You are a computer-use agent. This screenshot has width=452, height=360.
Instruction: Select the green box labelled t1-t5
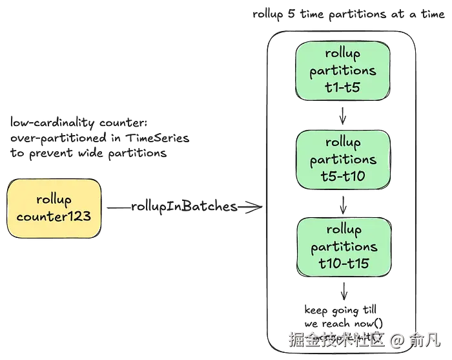343,71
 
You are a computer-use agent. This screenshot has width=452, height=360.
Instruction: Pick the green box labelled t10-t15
343,247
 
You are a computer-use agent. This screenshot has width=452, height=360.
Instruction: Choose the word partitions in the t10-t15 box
343,247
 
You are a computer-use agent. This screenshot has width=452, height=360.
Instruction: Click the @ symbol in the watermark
397,338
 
